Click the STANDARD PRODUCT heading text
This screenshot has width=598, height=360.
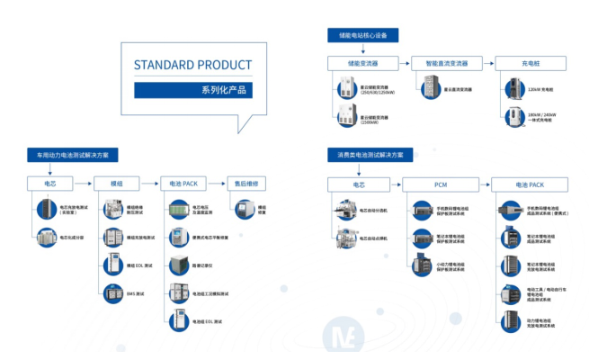(192, 65)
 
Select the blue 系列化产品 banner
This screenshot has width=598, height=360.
(192, 90)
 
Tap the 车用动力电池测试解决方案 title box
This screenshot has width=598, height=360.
(73, 155)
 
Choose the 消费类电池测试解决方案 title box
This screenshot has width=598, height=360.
(370, 155)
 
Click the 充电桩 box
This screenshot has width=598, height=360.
(531, 63)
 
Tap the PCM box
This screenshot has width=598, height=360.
(441, 184)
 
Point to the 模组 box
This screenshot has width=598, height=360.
(116, 184)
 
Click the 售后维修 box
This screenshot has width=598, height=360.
(245, 184)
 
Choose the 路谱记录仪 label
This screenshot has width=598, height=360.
(204, 265)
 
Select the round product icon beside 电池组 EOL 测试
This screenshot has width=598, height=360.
(175, 321)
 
